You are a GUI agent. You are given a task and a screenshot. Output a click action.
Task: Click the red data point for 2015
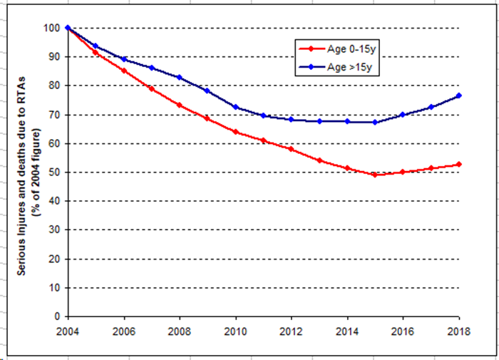[375, 175]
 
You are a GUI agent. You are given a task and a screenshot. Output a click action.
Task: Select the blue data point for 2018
[459, 96]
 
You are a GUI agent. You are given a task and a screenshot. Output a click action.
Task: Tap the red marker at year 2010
[235, 132]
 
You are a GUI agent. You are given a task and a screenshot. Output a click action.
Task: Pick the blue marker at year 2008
[179, 78]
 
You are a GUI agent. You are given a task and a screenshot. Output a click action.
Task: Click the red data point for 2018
[459, 165]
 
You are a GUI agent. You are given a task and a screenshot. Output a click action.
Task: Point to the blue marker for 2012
[291, 119]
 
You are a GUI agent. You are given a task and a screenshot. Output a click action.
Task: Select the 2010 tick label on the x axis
[235, 330]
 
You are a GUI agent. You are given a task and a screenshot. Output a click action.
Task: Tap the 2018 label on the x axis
[459, 330]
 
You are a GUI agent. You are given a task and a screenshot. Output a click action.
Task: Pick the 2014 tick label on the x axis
[347, 330]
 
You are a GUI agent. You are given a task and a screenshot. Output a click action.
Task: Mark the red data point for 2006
[123, 71]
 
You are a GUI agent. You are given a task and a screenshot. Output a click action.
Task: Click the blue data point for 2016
[403, 114]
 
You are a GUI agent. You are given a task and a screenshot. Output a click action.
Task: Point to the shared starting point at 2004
[67, 28]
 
